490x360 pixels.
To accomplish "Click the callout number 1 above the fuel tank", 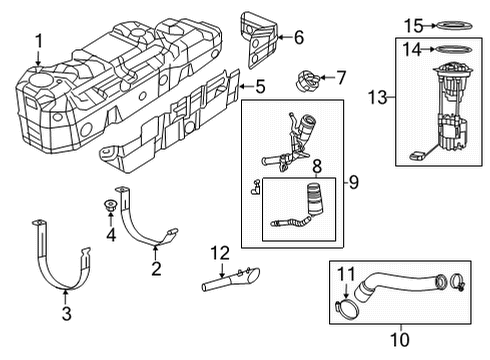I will click(38, 40).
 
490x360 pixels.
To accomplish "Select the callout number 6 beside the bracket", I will click(297, 38).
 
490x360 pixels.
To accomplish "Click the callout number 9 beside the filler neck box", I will click(352, 182).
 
